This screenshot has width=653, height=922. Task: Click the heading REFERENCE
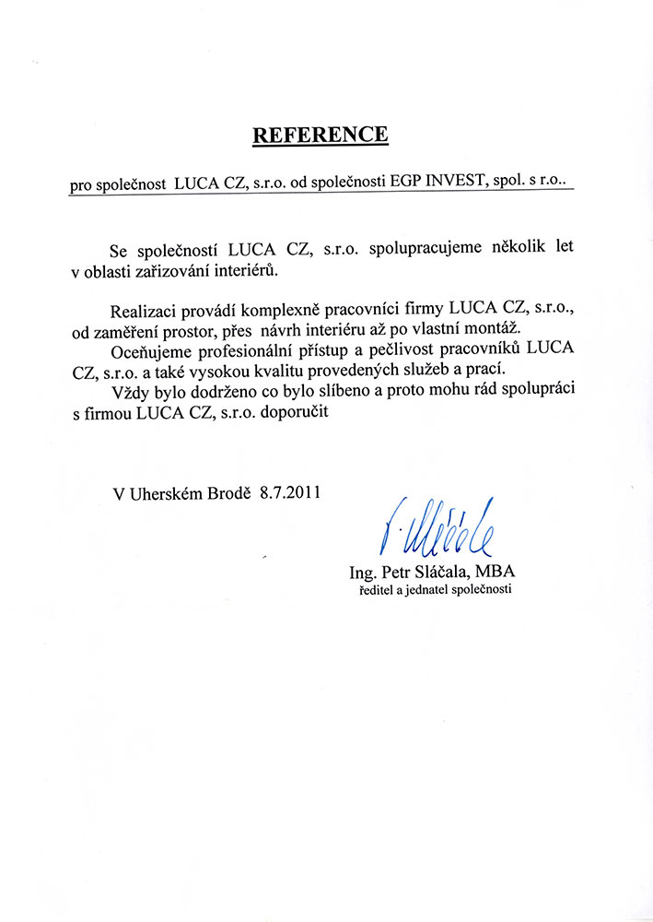coord(321,136)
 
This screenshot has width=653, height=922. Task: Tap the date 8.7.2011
coord(289,492)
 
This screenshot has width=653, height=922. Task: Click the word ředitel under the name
coord(378,588)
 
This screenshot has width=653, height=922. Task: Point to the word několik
coord(531,250)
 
